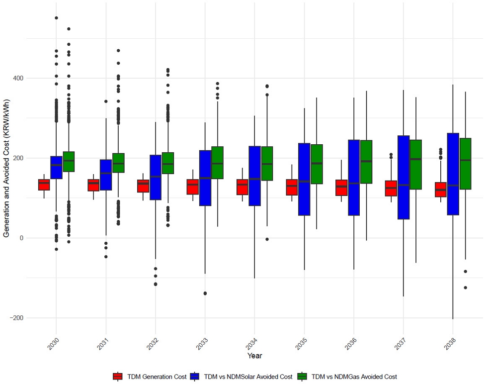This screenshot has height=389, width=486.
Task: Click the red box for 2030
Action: pyautogui.click(x=44, y=185)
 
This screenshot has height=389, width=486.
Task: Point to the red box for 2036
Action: pyautogui.click(x=342, y=188)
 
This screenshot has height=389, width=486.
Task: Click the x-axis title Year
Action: pyautogui.click(x=254, y=356)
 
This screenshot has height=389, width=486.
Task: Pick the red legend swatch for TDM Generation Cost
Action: pyautogui.click(x=118, y=377)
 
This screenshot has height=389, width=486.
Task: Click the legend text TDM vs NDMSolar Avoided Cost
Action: pyautogui.click(x=239, y=377)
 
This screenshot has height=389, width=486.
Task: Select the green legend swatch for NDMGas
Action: pyautogui.click(x=302, y=377)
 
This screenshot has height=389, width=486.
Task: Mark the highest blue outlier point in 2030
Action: pyautogui.click(x=56, y=18)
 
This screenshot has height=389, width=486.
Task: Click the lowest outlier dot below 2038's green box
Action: pyautogui.click(x=466, y=288)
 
